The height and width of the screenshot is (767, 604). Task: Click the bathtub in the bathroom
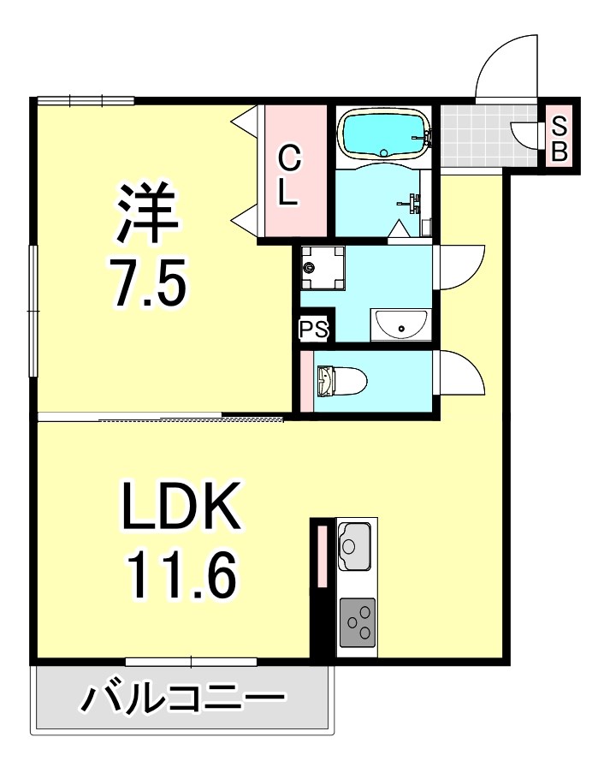coord(385,134)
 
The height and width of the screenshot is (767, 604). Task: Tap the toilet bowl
coord(342,381)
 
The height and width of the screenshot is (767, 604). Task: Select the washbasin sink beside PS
coord(400,324)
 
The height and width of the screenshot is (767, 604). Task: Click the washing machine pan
coord(323,269)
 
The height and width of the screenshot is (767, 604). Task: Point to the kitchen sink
coord(355,545)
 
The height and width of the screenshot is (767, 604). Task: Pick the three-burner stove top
coord(358,621)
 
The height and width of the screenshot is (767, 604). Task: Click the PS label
coord(314,329)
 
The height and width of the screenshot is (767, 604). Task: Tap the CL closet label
coord(289,176)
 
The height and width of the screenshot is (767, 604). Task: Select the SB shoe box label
coord(559,139)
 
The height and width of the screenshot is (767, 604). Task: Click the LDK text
coord(181,506)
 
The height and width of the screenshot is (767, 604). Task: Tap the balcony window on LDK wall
coord(191,662)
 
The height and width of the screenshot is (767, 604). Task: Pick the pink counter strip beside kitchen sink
coord(322,556)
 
